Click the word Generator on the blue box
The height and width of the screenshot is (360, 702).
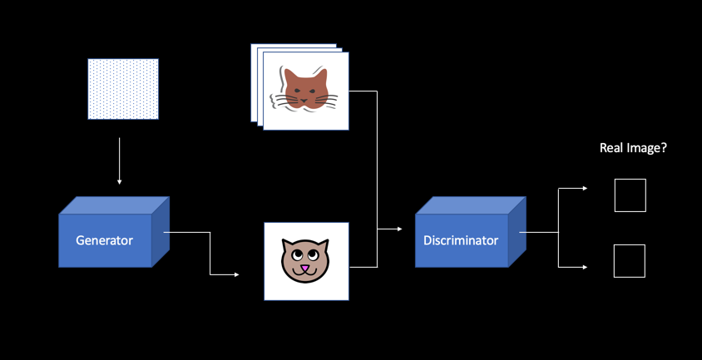pos(104,241)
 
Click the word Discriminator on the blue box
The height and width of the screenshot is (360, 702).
pos(461,241)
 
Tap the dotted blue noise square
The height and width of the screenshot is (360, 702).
pos(123,89)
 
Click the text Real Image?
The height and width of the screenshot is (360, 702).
pos(634,148)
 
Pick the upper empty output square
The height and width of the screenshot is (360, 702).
pos(630,195)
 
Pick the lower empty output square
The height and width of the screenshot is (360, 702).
pos(630,261)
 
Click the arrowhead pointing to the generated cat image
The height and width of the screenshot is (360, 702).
pos(236,274)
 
